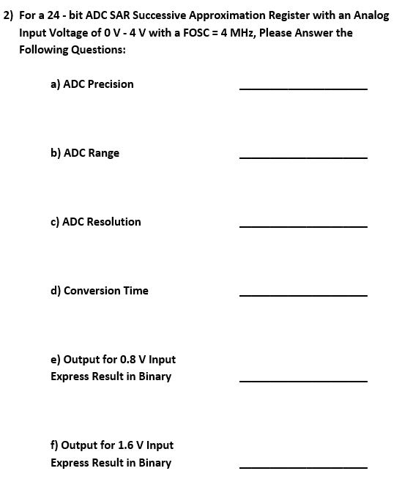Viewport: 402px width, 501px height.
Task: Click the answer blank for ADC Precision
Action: coord(303,89)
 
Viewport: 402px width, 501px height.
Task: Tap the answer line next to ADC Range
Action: coord(303,158)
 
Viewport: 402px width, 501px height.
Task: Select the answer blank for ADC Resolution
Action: coord(303,227)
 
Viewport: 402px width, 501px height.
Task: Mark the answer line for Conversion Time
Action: coord(303,296)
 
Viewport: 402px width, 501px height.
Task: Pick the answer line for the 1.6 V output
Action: coord(303,467)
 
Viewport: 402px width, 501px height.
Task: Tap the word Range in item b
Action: coord(103,153)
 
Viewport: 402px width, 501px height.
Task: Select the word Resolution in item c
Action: coord(113,222)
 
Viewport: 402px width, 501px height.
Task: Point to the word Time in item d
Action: coord(135,291)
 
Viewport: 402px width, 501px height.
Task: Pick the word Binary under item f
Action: coord(155,463)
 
